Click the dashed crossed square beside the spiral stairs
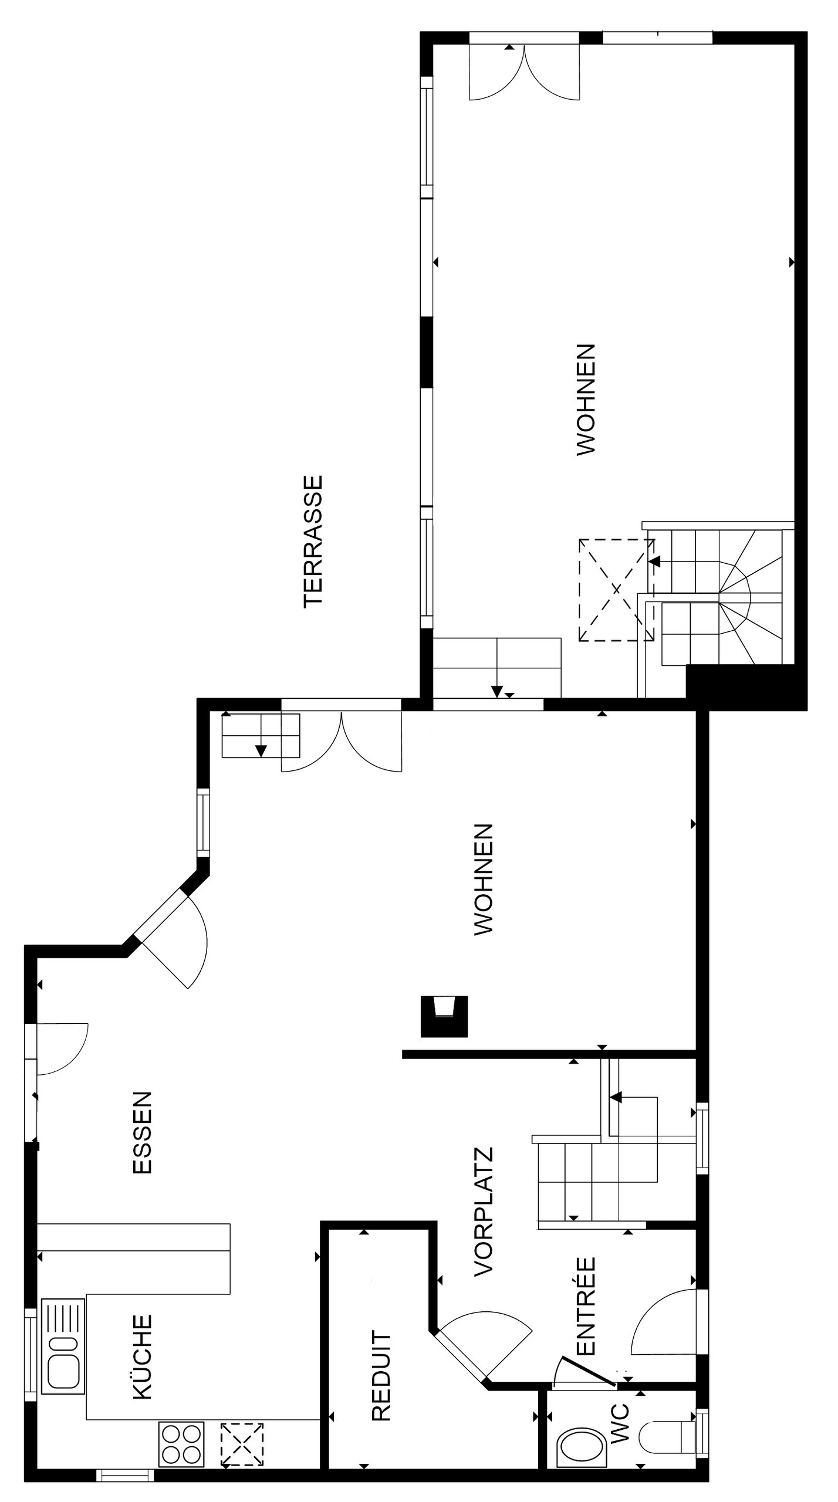[x=616, y=590]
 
